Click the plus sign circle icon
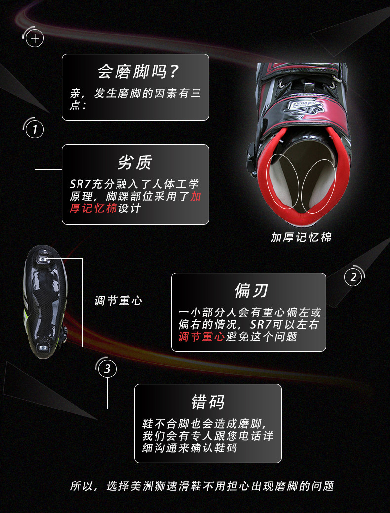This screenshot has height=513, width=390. (x=35, y=38)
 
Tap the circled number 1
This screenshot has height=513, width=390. (x=35, y=130)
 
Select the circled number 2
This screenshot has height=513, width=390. (x=353, y=278)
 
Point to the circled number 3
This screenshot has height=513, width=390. (x=108, y=368)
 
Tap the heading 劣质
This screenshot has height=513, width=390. (x=135, y=162)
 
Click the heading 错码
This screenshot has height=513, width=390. (x=208, y=402)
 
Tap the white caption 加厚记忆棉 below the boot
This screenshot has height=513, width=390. (x=301, y=237)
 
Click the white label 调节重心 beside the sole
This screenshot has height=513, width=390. (x=118, y=300)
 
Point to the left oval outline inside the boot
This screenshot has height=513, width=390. (x=283, y=182)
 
